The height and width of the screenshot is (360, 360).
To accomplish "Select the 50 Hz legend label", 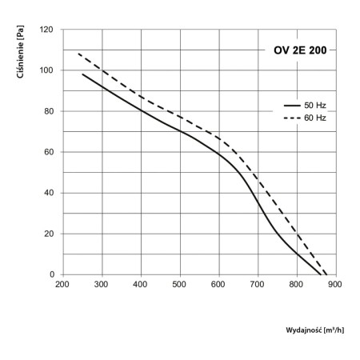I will [315, 105].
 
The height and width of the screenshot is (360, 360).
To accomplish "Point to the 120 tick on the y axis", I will [46, 30].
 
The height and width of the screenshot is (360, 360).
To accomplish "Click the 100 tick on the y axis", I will [46, 70].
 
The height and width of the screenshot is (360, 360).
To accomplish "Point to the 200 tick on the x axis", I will [62, 284].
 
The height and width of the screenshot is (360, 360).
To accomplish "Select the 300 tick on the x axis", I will [101, 284].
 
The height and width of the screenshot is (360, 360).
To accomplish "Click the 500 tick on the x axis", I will [179, 284].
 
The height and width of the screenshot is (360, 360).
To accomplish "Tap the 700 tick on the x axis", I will [258, 284].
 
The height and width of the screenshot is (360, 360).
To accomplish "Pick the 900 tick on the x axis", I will [336, 284].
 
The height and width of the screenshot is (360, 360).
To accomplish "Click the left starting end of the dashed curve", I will [78, 54].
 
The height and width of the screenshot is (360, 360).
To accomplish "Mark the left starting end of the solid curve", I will [82, 74].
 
